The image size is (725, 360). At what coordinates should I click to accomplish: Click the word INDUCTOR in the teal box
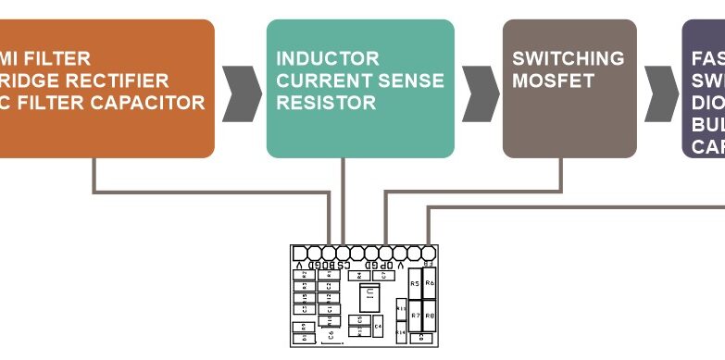327,58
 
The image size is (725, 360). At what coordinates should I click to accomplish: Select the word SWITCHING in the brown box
568,58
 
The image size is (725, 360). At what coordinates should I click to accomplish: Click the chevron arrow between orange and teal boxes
241,93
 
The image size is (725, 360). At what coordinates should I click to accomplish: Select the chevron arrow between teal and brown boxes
479,93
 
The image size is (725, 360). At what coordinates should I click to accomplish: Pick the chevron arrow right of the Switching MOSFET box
660,93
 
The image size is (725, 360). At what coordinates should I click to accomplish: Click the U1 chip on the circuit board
368,296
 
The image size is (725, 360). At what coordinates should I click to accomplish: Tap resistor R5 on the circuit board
415,284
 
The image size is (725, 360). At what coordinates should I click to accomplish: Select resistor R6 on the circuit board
430,283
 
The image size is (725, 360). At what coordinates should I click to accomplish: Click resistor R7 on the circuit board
415,315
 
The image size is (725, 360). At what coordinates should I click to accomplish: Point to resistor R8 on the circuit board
430,315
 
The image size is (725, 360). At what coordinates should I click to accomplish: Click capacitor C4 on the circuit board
378,325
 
